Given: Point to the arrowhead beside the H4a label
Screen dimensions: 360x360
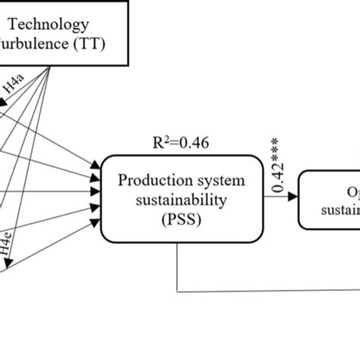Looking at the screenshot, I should [5, 99].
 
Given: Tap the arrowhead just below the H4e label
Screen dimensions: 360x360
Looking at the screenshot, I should [9, 263].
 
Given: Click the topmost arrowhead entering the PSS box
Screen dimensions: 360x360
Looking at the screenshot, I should [97, 164].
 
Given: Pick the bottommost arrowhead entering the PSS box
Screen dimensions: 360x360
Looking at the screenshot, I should [97, 220].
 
